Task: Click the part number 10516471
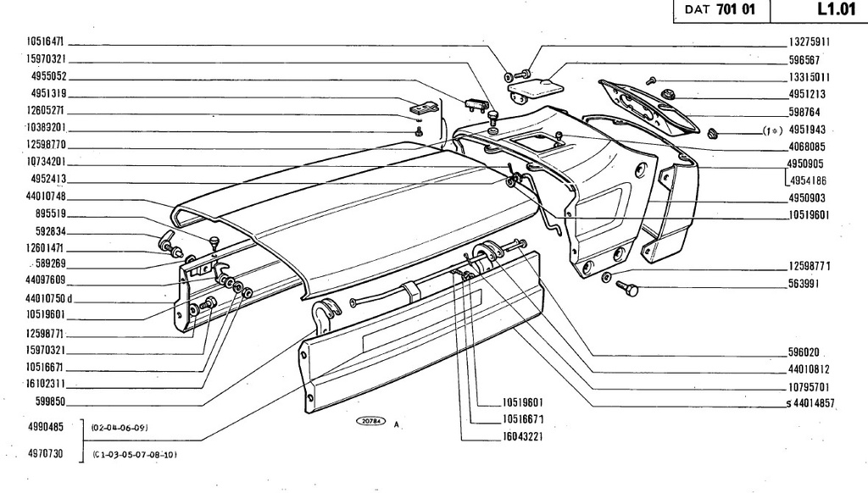[x=46, y=42]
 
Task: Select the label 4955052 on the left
[x=48, y=76]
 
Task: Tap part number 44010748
[x=46, y=197]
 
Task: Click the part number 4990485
[x=46, y=427]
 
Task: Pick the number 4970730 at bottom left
[x=46, y=454]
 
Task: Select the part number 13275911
[x=810, y=42]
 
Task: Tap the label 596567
[x=804, y=60]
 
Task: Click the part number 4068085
[x=807, y=147]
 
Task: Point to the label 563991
[x=804, y=284]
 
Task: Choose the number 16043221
[x=523, y=436]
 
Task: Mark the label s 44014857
[x=810, y=403]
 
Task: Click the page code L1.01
[x=836, y=9]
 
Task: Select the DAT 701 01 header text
[x=720, y=9]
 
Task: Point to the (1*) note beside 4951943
[x=772, y=130]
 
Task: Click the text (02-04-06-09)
[x=120, y=428]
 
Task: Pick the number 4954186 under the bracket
[x=808, y=180]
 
